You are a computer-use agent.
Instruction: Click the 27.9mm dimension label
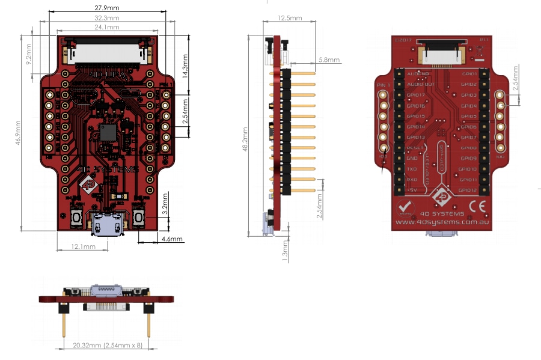pos(106,8)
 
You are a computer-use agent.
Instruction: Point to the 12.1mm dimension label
pos(83,247)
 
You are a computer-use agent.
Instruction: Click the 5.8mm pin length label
pos(329,60)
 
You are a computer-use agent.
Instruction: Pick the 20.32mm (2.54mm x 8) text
pos(106,346)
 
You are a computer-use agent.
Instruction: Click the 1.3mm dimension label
pos(286,251)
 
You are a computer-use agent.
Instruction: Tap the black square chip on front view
pos(108,132)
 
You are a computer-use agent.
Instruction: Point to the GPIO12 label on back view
pos(468,191)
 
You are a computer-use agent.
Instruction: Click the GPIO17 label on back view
pos(415,95)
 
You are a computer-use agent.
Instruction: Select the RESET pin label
pos(414,148)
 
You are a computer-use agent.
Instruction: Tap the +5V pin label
pos(412,191)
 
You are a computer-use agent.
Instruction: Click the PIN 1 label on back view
pos(383,85)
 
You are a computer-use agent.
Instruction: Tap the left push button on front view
pos(77,218)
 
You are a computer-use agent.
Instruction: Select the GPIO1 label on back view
pos(469,74)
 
